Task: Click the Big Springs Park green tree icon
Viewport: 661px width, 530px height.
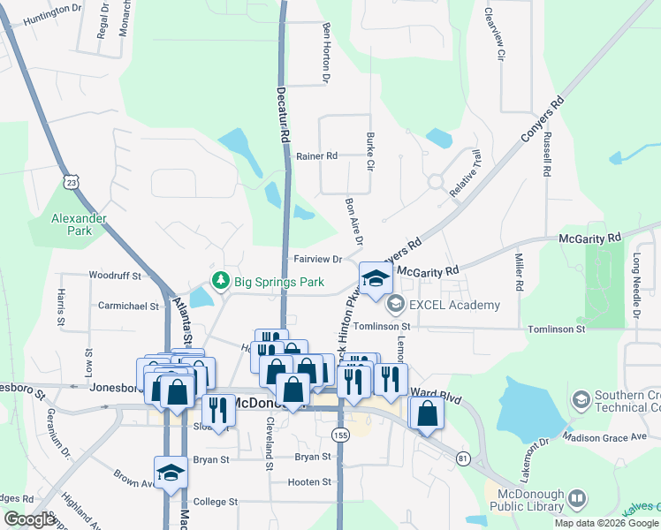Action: click(x=221, y=283)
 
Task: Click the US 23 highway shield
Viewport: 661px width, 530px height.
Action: click(x=72, y=181)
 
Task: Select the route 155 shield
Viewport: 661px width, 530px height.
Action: click(x=340, y=435)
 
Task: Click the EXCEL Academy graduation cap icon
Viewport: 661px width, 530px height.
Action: click(x=395, y=305)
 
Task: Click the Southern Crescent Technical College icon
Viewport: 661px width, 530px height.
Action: click(x=581, y=400)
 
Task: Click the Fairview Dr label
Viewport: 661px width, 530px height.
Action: click(x=317, y=260)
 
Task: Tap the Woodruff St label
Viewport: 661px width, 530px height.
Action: click(x=115, y=276)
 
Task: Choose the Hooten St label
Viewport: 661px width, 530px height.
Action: click(x=309, y=482)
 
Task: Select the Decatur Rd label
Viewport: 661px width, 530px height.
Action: click(x=285, y=124)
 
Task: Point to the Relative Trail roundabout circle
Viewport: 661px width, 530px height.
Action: click(x=436, y=182)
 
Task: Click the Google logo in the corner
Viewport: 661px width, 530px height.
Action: click(x=30, y=519)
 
